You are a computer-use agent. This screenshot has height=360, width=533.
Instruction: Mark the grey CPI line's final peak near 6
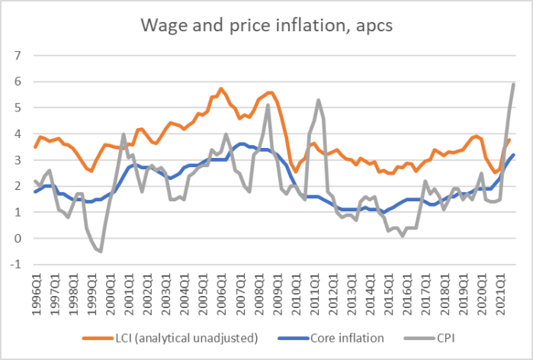(514, 83)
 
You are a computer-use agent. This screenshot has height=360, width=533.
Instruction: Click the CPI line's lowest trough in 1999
(101, 251)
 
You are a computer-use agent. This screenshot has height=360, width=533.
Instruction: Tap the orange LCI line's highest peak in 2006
(221, 88)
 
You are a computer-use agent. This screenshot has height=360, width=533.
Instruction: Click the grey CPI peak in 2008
(268, 105)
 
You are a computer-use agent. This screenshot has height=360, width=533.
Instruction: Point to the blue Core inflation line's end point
(514, 155)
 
